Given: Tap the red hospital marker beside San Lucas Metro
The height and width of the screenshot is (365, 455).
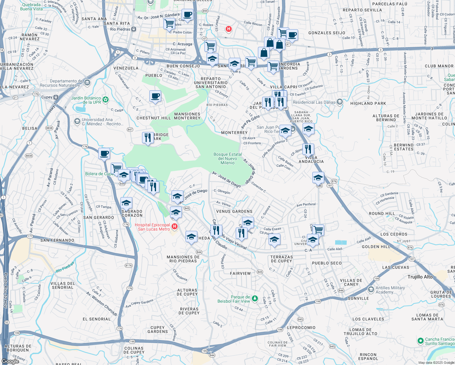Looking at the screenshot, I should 175,226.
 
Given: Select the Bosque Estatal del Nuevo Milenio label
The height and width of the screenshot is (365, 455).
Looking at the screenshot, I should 227,158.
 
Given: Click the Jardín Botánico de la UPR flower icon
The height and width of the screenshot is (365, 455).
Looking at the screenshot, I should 106,99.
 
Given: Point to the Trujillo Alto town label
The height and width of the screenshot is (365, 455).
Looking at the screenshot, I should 420,277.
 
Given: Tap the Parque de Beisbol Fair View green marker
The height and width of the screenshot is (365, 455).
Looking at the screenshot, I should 255,298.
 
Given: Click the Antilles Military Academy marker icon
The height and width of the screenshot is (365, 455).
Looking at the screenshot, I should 371,289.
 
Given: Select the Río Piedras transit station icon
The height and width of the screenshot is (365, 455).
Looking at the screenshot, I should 134,29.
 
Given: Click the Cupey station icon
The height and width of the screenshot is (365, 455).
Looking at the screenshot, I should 56,97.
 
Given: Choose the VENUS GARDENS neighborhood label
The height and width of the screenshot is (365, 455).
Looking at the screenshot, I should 234,211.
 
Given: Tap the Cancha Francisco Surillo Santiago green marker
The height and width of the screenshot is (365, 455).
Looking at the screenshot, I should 420,341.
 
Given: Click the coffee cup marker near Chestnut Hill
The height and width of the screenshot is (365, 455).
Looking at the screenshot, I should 155,96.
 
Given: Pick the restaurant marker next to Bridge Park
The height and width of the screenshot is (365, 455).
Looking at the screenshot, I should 148,138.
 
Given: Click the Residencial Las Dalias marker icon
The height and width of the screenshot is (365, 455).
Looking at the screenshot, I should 340,102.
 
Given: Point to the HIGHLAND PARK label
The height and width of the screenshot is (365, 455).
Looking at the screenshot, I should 368,103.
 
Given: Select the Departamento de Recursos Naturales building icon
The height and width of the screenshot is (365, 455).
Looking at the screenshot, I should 87,82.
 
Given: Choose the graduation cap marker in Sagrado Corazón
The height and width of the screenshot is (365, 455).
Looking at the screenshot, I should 126,203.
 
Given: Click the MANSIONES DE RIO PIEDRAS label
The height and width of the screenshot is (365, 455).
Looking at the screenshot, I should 183,259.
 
